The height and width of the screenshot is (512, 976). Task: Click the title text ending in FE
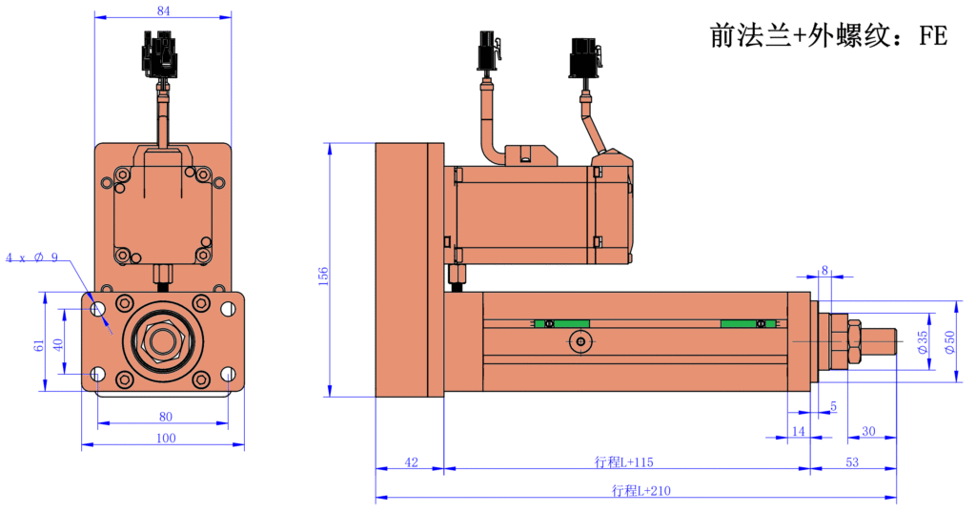[x=828, y=36]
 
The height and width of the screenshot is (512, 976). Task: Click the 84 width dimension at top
[x=163, y=10]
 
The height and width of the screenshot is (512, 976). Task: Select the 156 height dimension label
[x=323, y=276]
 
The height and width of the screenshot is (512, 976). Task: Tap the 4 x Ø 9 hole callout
[x=32, y=258]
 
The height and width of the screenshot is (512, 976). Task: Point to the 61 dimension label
[x=39, y=344]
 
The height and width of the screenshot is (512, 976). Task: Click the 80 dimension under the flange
[x=165, y=416]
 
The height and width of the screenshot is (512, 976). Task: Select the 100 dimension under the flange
[x=165, y=438]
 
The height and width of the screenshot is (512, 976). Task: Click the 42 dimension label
[x=411, y=462]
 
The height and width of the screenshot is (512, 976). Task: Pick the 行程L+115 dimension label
[x=624, y=462]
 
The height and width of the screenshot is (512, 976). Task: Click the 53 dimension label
[x=852, y=462]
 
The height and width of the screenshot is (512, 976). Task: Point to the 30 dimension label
[x=868, y=431]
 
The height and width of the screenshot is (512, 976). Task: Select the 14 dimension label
[x=799, y=431]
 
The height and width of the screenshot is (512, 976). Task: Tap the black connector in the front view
[x=160, y=54]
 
